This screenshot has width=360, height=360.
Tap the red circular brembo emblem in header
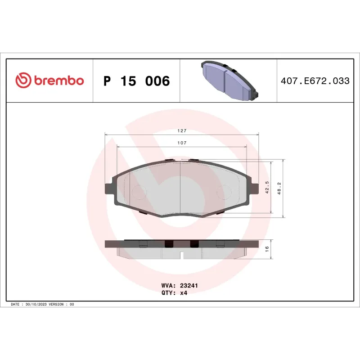tap(23, 81)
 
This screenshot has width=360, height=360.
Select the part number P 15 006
tap(136, 81)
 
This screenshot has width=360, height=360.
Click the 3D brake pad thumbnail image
tap(229, 81)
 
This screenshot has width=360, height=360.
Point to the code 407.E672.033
tap(315, 81)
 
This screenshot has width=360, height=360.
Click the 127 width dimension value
tap(181, 131)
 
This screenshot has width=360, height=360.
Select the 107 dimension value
tap(181, 143)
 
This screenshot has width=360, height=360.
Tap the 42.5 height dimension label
tap(267, 187)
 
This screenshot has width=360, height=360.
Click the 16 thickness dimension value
tap(267, 248)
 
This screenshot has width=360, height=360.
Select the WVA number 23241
tap(189, 285)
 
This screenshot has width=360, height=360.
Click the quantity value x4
tap(184, 292)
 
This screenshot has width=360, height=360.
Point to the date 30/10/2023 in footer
tap(37, 305)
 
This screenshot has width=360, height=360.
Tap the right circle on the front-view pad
tap(224, 192)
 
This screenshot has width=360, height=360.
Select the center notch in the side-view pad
tap(181, 256)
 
